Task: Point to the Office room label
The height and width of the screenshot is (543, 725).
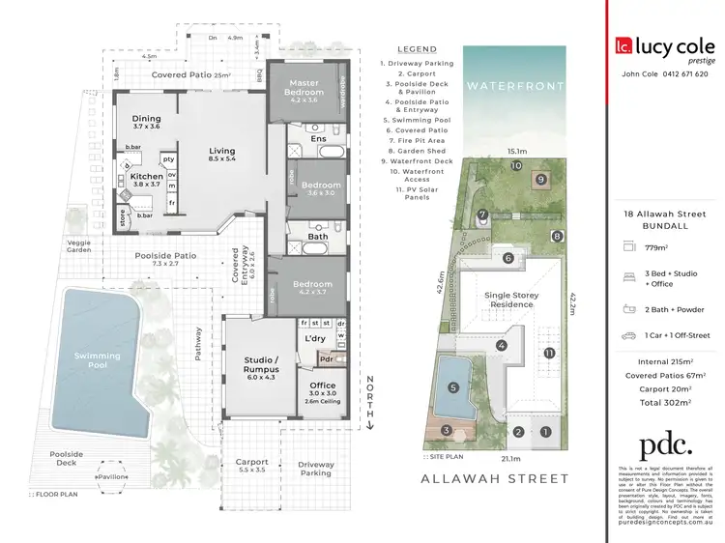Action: click(x=323, y=386)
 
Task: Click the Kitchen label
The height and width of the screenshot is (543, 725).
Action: click(x=147, y=177)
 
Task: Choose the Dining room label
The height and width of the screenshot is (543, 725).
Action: click(x=147, y=119)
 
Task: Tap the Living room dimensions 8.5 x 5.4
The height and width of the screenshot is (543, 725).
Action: click(x=223, y=159)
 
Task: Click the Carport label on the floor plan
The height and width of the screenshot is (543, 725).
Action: click(x=251, y=462)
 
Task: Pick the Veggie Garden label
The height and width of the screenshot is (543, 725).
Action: click(x=79, y=245)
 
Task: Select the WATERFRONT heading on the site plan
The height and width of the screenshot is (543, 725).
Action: click(x=502, y=86)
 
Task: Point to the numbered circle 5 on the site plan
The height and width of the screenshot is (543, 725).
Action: click(x=453, y=388)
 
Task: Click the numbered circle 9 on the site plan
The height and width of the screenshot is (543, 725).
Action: click(x=540, y=179)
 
